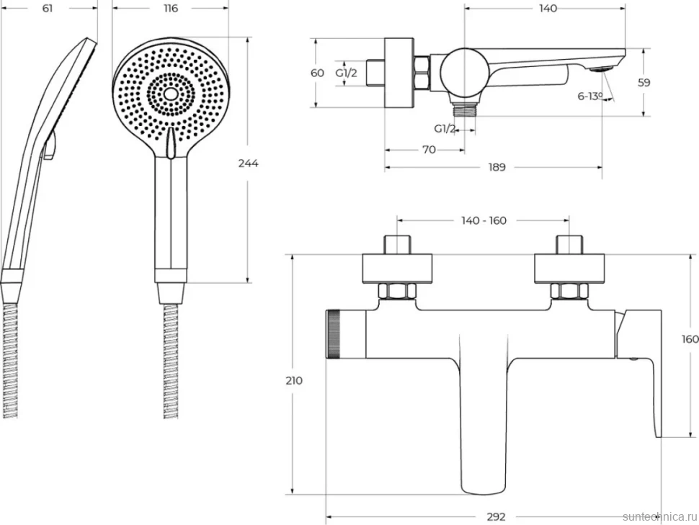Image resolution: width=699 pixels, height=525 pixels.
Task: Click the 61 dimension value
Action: pos(48,8)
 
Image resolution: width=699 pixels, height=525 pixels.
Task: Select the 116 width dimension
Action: pos(170,8)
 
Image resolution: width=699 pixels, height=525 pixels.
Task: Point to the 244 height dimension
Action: pos(248,163)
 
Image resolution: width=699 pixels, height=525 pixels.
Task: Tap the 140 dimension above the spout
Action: pos(548,8)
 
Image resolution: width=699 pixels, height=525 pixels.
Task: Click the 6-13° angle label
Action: pos(589,96)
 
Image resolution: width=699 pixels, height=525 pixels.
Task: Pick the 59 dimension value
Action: pos(644,82)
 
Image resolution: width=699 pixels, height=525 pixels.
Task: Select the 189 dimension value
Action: pos(497,167)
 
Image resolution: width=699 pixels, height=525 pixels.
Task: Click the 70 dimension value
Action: pos(429,150)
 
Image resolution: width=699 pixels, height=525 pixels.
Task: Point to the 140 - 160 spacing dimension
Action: pos(484,220)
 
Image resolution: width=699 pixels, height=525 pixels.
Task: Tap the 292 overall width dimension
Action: pos(496,516)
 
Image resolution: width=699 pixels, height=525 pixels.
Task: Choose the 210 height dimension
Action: pos(294,380)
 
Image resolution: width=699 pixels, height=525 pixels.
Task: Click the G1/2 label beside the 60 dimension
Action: pos(347,73)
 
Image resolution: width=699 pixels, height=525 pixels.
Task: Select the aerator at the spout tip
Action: pos(602,69)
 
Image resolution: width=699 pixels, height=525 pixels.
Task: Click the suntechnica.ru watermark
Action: pos(660,516)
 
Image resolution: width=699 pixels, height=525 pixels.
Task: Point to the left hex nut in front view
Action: pos(397,292)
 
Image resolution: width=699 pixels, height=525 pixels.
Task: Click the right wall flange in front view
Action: pos(569,269)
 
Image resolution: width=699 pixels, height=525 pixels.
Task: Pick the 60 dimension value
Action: pos(317,73)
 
